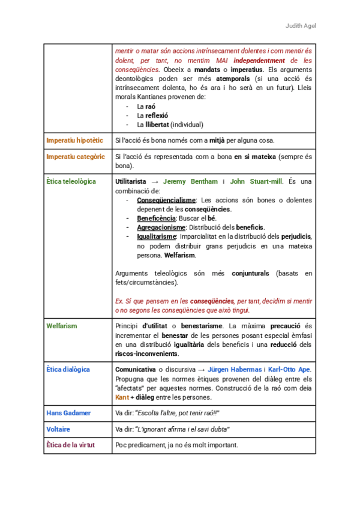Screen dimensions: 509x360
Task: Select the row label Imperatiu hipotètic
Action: pos(74,140)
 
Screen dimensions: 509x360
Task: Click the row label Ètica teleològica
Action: pos(71,181)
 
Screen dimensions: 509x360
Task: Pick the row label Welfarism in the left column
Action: pos(62,326)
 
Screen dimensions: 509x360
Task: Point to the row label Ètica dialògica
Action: pos(68,370)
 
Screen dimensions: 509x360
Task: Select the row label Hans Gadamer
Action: pos(68,413)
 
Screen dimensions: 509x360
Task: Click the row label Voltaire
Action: pos(58,429)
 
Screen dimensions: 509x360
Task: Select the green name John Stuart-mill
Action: pos(256,181)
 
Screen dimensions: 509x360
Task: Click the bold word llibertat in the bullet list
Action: pos(157,124)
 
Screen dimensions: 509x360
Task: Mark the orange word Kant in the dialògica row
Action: pos(122,397)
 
